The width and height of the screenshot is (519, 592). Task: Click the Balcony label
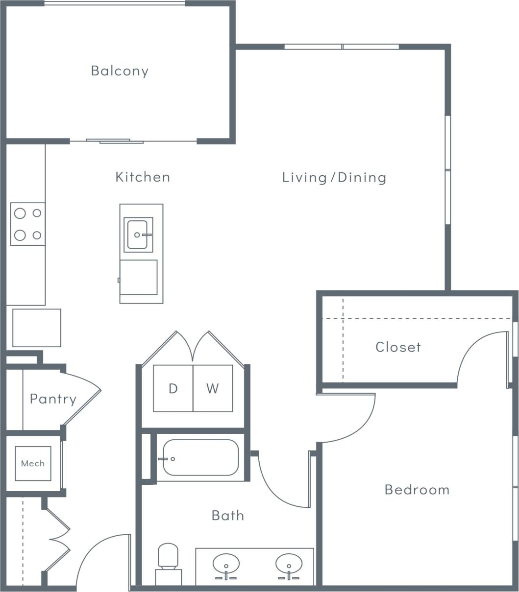pos(120,71)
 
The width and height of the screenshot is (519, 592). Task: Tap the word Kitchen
pos(143,177)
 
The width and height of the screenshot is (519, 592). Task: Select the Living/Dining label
pos(334,177)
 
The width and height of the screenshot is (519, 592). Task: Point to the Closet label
pos(398,347)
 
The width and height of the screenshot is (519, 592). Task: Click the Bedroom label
pos(417,490)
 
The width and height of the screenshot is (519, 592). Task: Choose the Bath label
pos(227,515)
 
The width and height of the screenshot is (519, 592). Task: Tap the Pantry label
pos(53,399)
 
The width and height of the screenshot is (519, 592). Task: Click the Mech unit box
pos(33,463)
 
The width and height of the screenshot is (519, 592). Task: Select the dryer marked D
pos(173,388)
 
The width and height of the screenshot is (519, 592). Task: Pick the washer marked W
pos(213,388)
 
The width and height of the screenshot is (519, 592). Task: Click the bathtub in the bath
pos(201,458)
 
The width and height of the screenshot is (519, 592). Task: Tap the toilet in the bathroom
pos(168,563)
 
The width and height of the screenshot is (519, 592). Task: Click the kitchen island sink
pos(138,235)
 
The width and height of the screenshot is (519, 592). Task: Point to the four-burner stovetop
pos(28,224)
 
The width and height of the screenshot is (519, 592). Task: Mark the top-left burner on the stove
pos(20,213)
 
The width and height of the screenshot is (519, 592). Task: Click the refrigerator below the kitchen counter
pos(37,328)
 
